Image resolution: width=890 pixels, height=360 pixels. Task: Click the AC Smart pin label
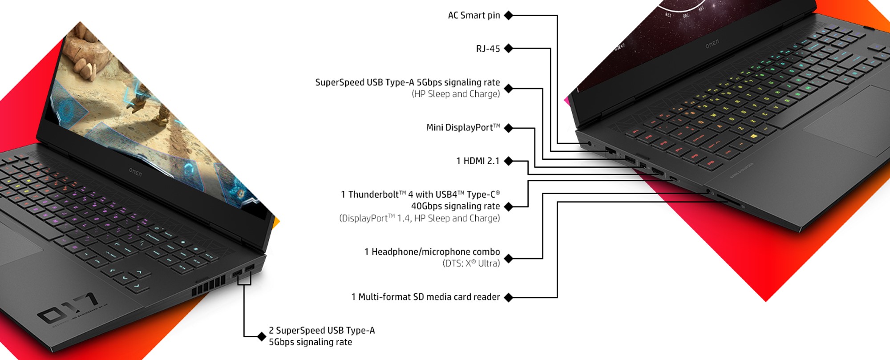coord(473,16)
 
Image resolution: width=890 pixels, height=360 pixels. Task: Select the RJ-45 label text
coord(488,49)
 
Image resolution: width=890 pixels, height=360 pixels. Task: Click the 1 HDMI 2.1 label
coord(477,161)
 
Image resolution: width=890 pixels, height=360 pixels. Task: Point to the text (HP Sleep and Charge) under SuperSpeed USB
coord(455,94)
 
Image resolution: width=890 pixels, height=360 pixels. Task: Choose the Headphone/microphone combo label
coord(432,252)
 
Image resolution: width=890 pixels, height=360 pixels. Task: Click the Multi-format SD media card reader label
coord(425,297)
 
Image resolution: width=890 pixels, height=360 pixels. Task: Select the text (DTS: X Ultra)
coord(471,263)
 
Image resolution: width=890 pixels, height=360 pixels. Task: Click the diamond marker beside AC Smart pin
coord(508,16)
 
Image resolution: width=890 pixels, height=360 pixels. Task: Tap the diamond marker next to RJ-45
coord(508,49)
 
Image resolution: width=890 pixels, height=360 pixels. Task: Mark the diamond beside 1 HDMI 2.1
coord(508,161)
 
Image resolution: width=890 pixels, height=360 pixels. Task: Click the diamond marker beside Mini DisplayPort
coord(508,128)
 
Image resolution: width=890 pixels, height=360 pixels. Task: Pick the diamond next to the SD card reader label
coord(508,297)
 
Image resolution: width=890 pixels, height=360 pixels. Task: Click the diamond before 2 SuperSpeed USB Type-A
coord(262,336)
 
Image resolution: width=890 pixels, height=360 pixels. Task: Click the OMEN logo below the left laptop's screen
coord(135,172)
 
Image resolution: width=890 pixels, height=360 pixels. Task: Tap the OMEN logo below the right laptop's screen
coord(712,44)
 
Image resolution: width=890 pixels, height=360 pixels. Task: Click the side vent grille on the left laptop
coord(209,286)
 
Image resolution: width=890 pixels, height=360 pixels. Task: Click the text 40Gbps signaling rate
coord(455,206)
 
